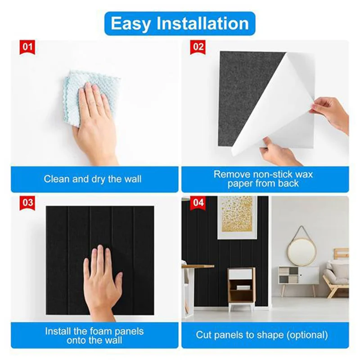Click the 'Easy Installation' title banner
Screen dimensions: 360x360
click(x=180, y=23)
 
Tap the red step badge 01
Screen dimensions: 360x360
click(x=28, y=46)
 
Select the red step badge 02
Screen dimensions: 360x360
click(x=198, y=46)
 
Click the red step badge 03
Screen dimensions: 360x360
click(x=28, y=202)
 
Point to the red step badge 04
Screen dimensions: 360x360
click(x=198, y=202)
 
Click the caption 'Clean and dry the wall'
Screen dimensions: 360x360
click(x=92, y=179)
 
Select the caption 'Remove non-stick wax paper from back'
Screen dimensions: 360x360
click(x=263, y=179)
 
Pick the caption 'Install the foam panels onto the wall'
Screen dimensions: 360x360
click(x=94, y=336)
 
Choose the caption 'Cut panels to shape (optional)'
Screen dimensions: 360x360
click(x=262, y=335)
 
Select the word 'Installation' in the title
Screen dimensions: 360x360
click(x=208, y=23)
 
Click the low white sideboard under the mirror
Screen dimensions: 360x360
click(x=298, y=275)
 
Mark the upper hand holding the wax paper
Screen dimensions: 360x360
click(x=331, y=112)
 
